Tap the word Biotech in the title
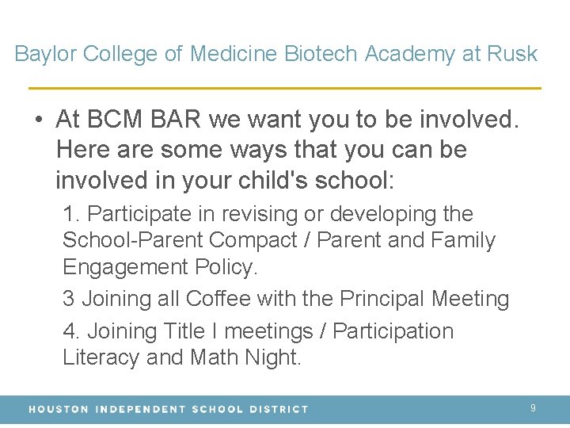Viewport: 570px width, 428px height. (321, 54)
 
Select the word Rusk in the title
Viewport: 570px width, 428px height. (511, 54)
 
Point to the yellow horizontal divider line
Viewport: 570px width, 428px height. (285, 87)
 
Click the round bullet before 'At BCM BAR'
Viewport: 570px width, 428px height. (38, 120)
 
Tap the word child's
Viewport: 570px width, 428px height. (272, 180)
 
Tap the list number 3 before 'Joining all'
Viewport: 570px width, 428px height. (69, 299)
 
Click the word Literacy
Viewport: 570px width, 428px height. (101, 357)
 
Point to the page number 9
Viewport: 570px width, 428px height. (533, 408)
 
